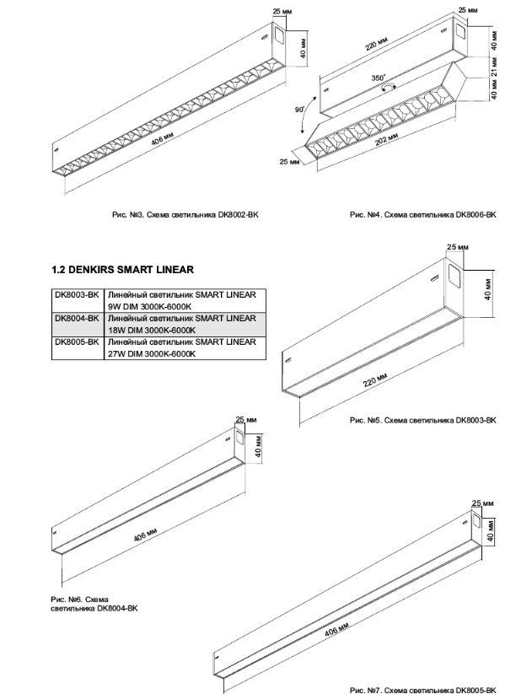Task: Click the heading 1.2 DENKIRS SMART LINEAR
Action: [x=123, y=270]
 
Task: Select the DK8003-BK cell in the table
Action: [x=77, y=294]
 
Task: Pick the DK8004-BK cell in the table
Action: [x=77, y=319]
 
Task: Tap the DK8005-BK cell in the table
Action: [x=77, y=342]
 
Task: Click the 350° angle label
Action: [x=379, y=77]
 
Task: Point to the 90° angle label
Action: [x=298, y=110]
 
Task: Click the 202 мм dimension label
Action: [x=386, y=139]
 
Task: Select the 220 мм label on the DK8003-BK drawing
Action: [x=374, y=385]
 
